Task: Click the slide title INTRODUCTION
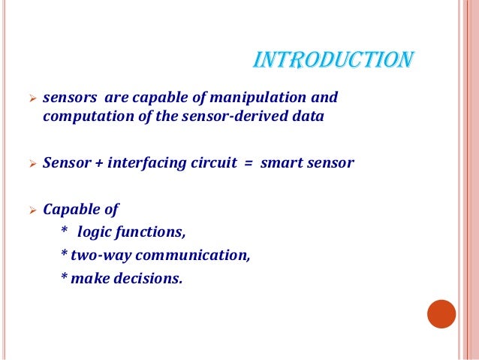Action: [333, 59]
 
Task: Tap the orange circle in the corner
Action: [441, 314]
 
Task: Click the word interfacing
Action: [146, 162]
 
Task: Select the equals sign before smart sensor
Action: [246, 163]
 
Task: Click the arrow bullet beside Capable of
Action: [31, 209]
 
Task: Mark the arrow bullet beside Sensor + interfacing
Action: [31, 163]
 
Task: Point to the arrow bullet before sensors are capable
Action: [31, 98]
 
